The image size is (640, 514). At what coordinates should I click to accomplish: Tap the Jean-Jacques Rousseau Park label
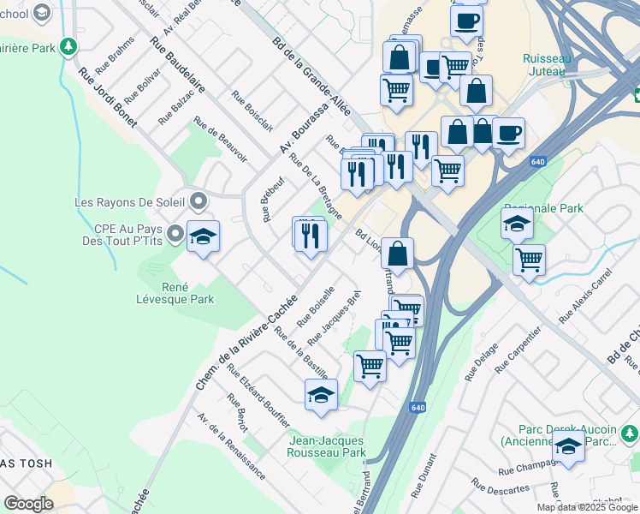click(328, 446)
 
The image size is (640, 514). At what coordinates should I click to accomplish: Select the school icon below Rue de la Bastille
click(321, 394)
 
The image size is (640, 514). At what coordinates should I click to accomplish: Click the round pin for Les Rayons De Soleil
click(199, 202)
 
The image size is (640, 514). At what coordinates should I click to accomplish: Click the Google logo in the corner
click(28, 503)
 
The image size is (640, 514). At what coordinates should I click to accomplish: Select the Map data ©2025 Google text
click(587, 507)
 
